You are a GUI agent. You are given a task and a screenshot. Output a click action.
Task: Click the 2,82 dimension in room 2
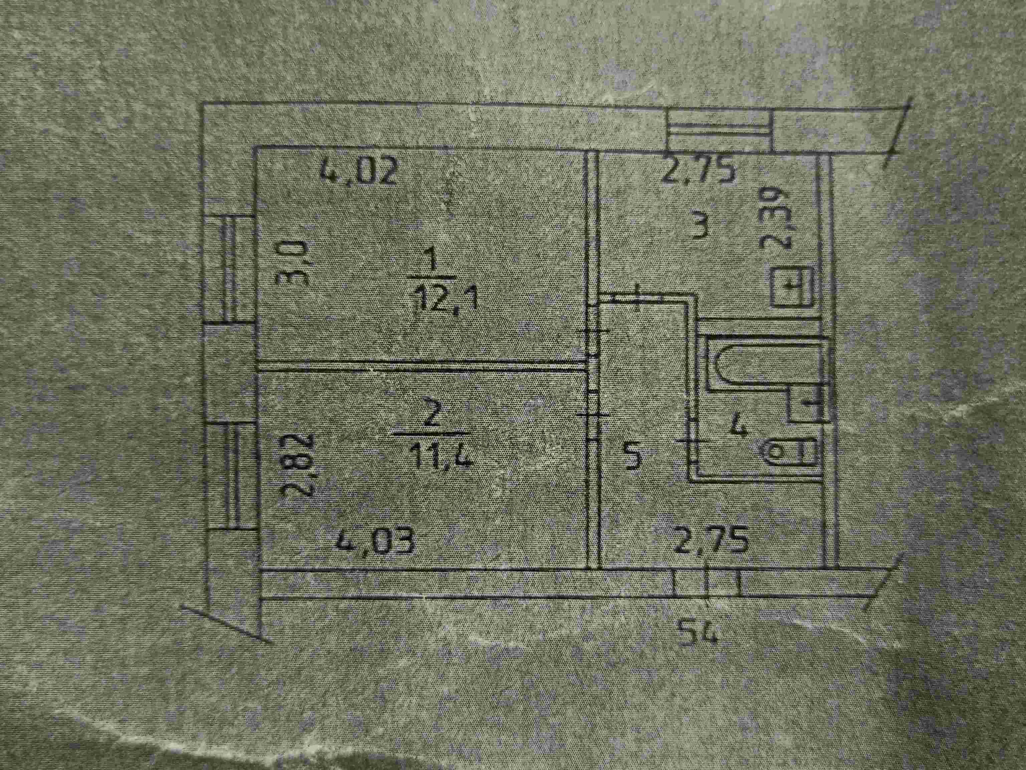(294, 465)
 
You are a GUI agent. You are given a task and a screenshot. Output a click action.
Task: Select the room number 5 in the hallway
(632, 457)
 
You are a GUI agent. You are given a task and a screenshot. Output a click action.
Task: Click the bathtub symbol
(764, 365)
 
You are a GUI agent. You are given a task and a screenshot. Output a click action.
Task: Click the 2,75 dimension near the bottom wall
(711, 541)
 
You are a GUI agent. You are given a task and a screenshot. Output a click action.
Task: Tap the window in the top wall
(719, 128)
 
